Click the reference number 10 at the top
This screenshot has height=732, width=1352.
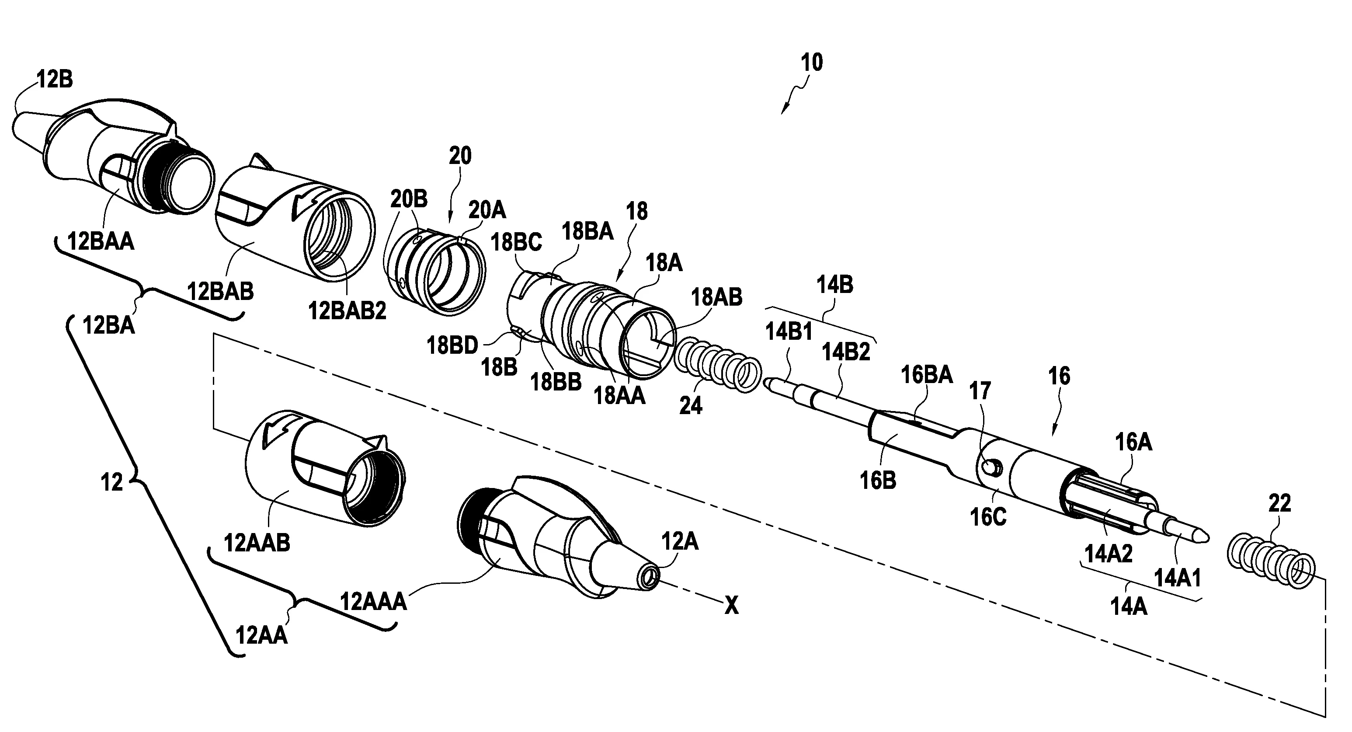click(x=811, y=63)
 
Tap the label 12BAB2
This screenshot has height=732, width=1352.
click(x=347, y=311)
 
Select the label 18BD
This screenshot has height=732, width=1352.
click(x=452, y=345)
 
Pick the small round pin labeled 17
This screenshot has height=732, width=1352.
click(x=991, y=466)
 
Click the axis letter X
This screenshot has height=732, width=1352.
click(x=731, y=607)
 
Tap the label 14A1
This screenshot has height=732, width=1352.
click(x=1177, y=579)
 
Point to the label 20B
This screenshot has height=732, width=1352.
click(x=408, y=199)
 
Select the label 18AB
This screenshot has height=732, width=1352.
click(x=716, y=297)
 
